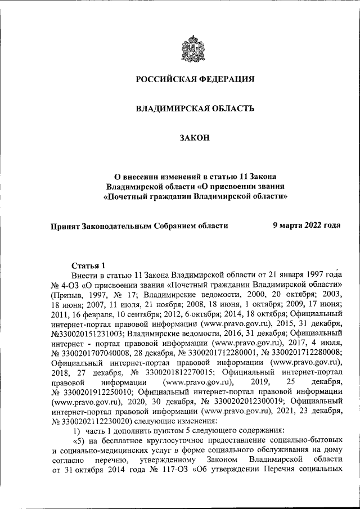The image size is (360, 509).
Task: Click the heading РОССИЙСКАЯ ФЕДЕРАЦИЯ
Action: coord(195,79)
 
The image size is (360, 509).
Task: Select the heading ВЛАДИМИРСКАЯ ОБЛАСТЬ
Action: coord(195,107)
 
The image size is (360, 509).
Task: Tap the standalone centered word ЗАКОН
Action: coord(195,137)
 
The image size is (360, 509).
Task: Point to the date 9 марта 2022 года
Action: coord(307,226)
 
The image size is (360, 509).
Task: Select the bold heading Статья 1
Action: coord(89,265)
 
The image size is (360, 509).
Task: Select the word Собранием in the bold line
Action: coord(172,226)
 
